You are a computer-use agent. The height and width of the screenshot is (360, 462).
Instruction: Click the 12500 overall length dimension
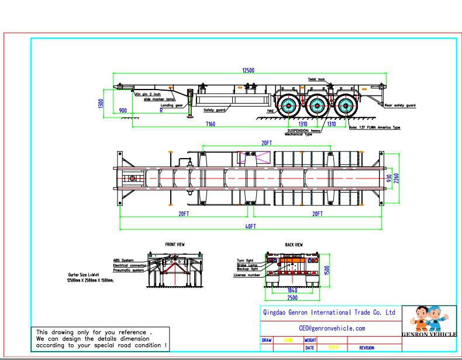248,70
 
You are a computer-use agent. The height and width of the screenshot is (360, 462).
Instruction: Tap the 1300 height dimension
102,103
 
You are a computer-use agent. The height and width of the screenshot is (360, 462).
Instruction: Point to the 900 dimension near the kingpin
123,110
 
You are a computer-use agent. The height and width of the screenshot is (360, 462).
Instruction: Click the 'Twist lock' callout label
317,79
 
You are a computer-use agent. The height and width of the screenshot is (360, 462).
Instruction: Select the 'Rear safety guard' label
399,105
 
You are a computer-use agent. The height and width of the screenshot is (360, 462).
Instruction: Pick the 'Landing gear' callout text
172,105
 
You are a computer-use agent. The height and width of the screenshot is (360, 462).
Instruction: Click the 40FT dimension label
250,226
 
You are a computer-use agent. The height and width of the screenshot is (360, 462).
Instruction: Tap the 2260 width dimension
396,177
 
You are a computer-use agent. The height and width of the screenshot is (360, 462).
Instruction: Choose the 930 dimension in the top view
388,177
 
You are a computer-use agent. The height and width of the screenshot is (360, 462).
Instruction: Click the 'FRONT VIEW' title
175,244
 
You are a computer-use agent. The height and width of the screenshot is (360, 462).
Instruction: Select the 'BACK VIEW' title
294,244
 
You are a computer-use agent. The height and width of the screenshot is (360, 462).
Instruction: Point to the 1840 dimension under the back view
292,290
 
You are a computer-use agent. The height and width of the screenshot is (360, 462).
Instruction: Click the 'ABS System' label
123,260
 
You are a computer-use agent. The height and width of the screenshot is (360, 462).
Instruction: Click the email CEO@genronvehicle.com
332,328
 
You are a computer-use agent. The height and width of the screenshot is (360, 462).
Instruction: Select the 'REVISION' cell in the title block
367,348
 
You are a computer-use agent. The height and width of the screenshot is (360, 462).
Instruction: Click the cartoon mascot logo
428,320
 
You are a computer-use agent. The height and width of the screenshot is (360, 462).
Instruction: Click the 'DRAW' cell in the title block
267,340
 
